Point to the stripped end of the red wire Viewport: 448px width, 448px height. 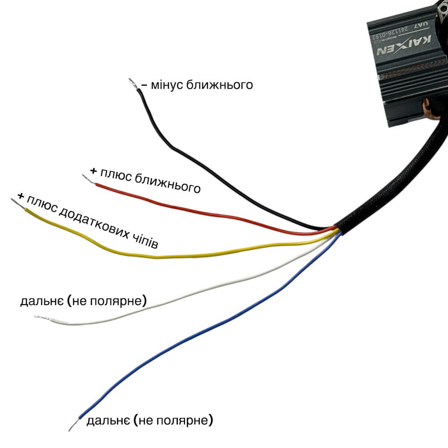pyautogui.click(x=87, y=178)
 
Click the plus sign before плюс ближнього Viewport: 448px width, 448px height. pyautogui.click(x=93, y=171)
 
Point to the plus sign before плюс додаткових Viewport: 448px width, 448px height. pyautogui.click(x=20, y=196)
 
